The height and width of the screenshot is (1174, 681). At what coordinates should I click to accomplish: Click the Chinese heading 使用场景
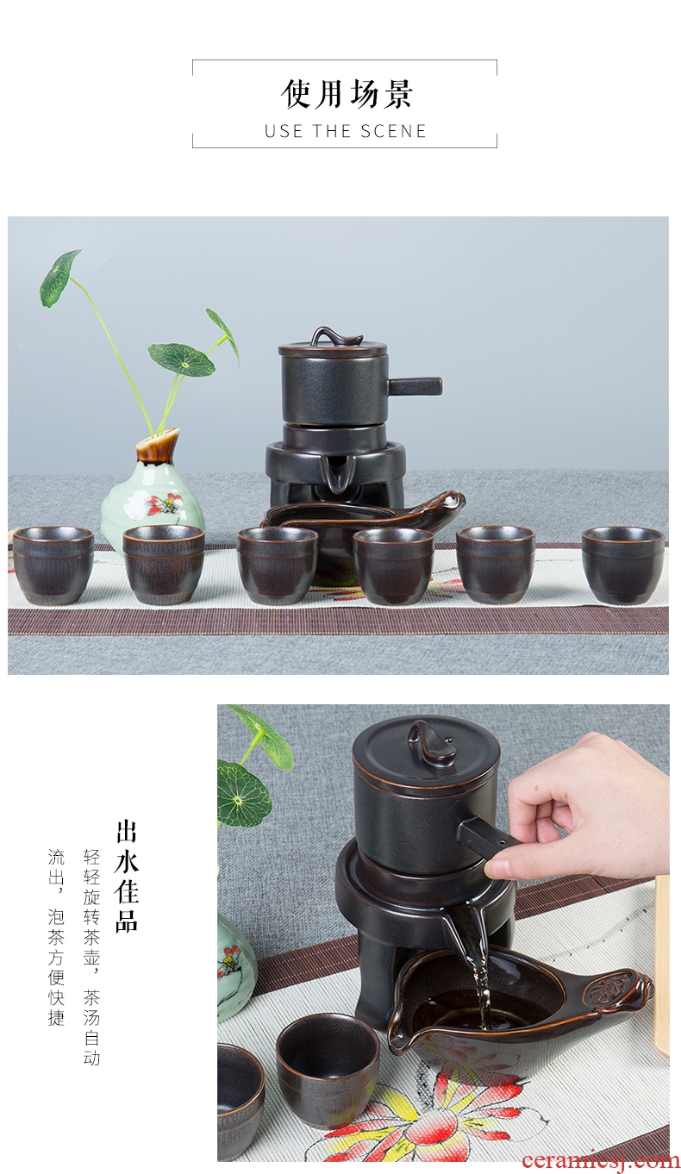pos(346,95)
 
